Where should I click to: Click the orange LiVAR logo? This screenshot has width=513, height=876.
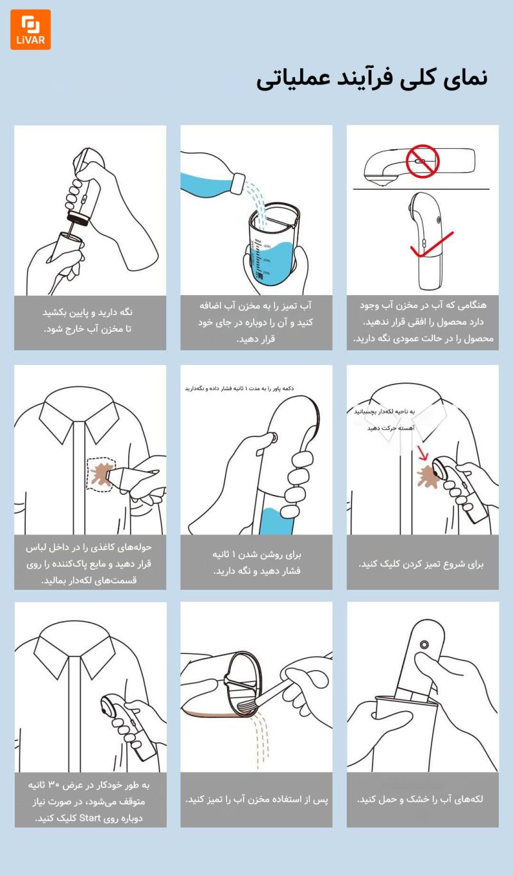[30, 30]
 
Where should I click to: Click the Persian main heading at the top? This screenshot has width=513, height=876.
[372, 79]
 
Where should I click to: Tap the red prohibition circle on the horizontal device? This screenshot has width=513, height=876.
[422, 160]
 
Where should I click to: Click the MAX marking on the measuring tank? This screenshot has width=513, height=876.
[258, 239]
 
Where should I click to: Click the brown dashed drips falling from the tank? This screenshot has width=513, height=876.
[259, 738]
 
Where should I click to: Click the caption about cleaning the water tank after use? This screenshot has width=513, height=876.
[256, 800]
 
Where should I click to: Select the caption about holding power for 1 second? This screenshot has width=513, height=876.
[256, 562]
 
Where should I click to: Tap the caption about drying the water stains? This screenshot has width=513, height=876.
[423, 799]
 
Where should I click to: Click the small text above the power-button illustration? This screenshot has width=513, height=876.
[239, 388]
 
